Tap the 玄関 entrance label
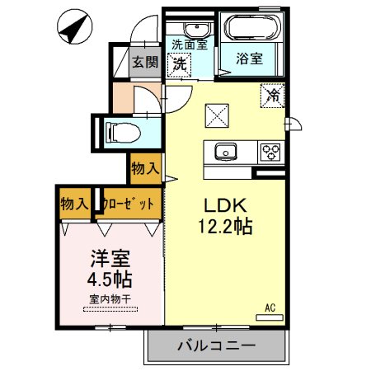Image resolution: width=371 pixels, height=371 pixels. click(146, 62)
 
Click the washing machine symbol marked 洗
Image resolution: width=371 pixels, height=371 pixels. click(179, 64)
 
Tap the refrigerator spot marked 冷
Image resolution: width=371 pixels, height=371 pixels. click(271, 96)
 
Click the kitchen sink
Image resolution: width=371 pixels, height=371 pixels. click(226, 152)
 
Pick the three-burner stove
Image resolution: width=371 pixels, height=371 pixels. click(270, 152)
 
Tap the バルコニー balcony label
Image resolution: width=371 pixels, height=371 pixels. click(216, 346)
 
